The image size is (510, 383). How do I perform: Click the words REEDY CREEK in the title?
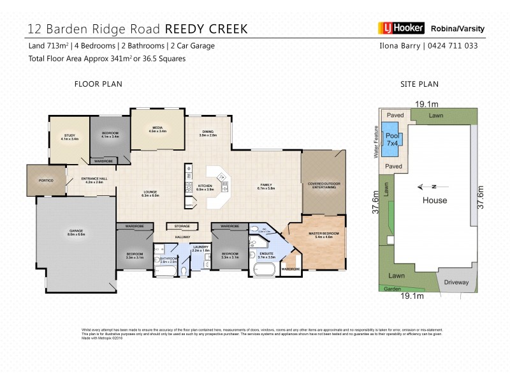[207, 29]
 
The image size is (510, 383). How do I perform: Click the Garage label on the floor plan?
[76, 231]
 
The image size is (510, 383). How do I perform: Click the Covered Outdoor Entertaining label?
[322, 185]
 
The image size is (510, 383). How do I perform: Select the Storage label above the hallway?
[182, 226]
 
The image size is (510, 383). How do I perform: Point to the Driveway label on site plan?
[456, 282]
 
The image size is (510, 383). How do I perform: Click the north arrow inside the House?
[426, 187]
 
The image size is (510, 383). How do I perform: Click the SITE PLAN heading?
[419, 84]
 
